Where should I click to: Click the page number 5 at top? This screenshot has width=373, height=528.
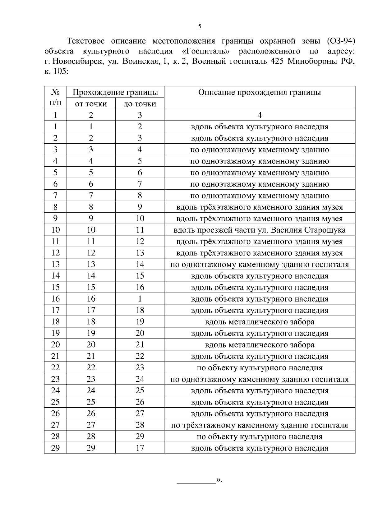[200, 26]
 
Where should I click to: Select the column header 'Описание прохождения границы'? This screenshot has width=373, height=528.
[260, 92]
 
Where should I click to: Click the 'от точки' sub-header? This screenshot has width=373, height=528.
[91, 104]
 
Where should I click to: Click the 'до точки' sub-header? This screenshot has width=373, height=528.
[140, 104]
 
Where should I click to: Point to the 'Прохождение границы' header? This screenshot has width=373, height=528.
[115, 92]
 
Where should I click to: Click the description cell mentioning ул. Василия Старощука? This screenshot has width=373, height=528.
[260, 230]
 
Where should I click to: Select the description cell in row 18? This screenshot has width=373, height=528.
[260, 322]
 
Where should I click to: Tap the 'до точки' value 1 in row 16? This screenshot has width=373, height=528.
[140, 299]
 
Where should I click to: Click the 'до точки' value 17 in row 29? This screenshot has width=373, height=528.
[140, 448]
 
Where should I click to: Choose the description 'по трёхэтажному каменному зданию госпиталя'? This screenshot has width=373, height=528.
[260, 425]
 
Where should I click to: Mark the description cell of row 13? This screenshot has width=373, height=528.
[260, 265]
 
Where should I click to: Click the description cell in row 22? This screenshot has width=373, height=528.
[260, 368]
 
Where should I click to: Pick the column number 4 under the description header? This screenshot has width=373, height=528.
[260, 115]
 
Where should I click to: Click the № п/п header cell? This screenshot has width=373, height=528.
[55, 97]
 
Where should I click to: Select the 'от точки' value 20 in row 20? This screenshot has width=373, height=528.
[91, 345]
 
